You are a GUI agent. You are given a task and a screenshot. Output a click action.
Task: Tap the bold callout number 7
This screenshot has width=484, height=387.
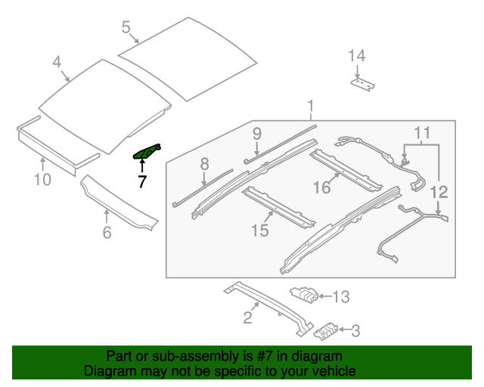tap(141, 181)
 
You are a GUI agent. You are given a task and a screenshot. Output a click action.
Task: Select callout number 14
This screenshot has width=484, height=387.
tap(356, 55)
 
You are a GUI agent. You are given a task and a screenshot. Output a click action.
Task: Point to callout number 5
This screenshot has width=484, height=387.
tap(126, 28)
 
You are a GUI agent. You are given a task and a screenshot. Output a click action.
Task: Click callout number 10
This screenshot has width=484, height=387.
tap(42, 179)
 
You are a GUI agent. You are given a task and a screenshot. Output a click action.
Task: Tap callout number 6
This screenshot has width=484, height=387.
tap(107, 233)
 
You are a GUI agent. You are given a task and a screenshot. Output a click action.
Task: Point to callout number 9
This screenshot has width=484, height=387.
tap(257, 134)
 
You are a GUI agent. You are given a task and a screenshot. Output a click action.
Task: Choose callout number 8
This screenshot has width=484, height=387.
tap(203, 163)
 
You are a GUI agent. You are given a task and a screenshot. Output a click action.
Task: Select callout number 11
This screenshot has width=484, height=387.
tap(421, 134)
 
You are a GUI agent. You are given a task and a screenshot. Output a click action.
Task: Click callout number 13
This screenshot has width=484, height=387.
tap(341, 297)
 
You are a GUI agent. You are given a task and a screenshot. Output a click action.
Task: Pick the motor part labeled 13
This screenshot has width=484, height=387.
tap(304, 295)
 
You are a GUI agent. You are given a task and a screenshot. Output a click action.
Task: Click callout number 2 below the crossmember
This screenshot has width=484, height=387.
tap(247, 317)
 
